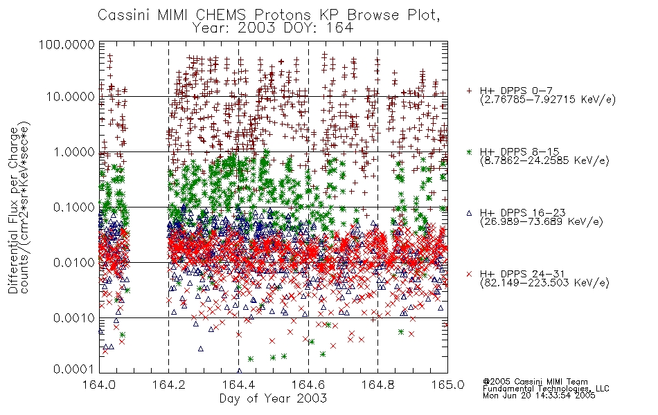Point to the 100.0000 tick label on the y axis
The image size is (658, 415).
click(x=67, y=44)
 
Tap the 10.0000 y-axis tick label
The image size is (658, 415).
click(x=70, y=97)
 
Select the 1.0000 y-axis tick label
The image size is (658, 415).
click(x=74, y=151)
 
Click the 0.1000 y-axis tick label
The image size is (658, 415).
click(x=74, y=207)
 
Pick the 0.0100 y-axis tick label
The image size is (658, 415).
click(x=74, y=262)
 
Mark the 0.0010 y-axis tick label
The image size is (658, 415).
click(x=74, y=317)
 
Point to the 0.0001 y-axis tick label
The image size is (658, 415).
click(x=74, y=369)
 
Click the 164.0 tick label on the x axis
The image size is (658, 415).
click(x=99, y=385)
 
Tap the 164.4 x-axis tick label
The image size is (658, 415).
click(x=238, y=385)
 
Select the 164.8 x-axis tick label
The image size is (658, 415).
click(x=377, y=385)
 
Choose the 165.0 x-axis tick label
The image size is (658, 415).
click(x=447, y=385)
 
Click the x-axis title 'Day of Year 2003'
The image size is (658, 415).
click(x=273, y=398)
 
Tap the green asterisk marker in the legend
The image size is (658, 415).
click(x=469, y=151)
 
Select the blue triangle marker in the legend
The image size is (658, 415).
click(x=469, y=213)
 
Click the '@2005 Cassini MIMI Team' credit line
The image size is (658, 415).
click(x=535, y=382)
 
